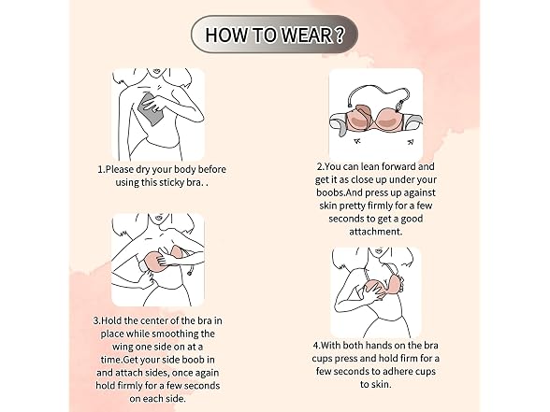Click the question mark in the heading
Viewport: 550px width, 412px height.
[340, 35]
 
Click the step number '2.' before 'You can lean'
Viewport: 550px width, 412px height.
[320, 166]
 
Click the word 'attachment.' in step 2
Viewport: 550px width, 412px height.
[376, 232]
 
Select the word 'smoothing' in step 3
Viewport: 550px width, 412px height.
[177, 334]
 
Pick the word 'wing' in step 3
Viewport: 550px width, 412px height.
[122, 347]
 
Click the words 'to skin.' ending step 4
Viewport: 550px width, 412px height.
[376, 384]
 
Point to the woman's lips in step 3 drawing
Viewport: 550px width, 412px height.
[159, 217]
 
